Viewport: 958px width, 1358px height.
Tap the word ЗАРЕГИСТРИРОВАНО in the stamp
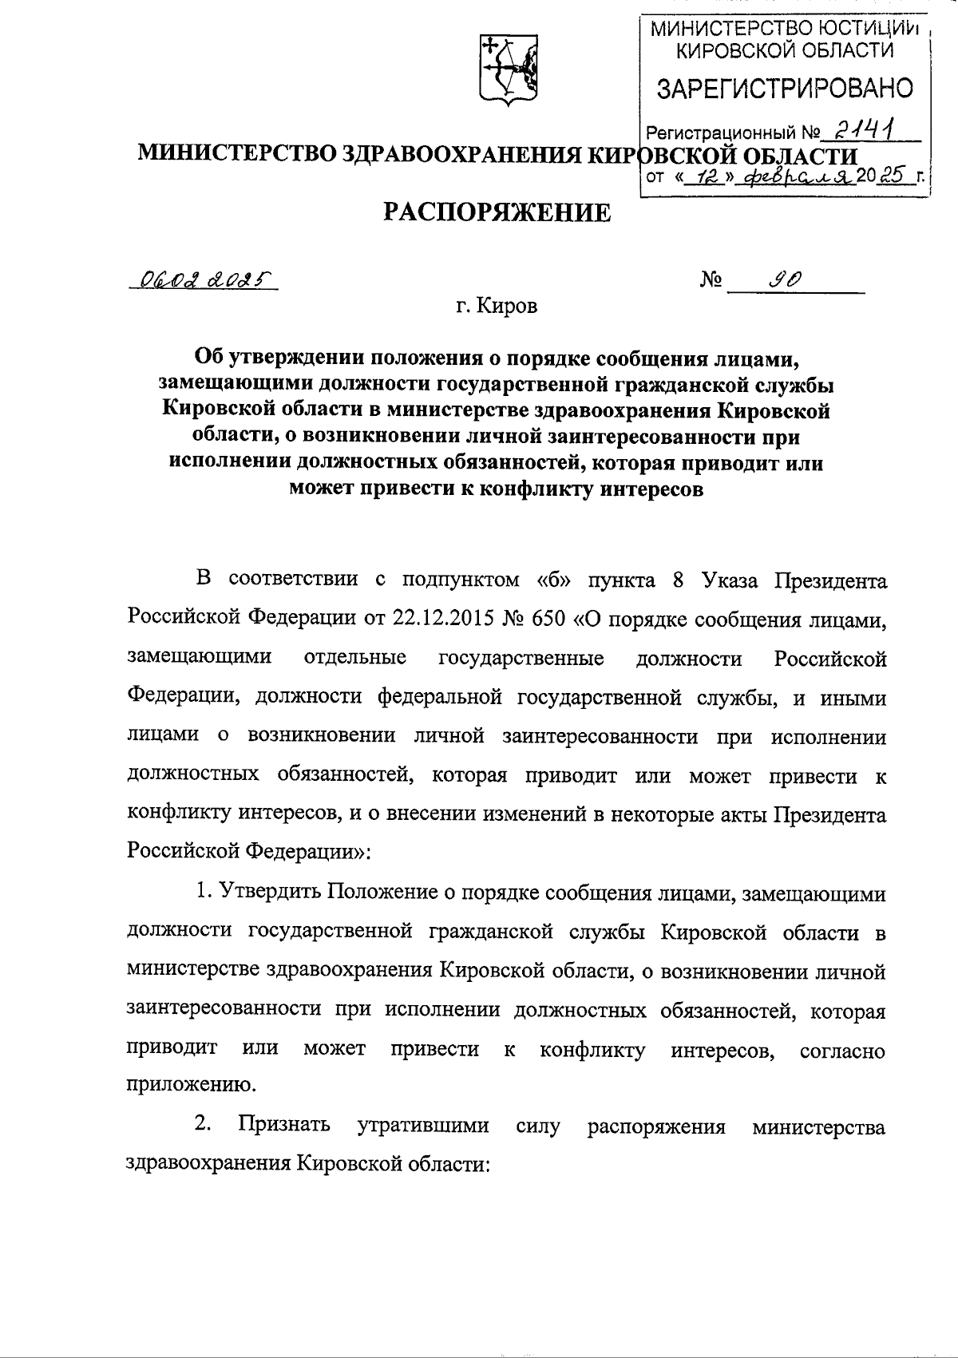[785, 88]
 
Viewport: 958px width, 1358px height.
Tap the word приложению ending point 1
[184, 1085]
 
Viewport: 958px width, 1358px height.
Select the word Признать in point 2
[283, 1126]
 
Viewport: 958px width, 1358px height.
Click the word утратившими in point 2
[422, 1126]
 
